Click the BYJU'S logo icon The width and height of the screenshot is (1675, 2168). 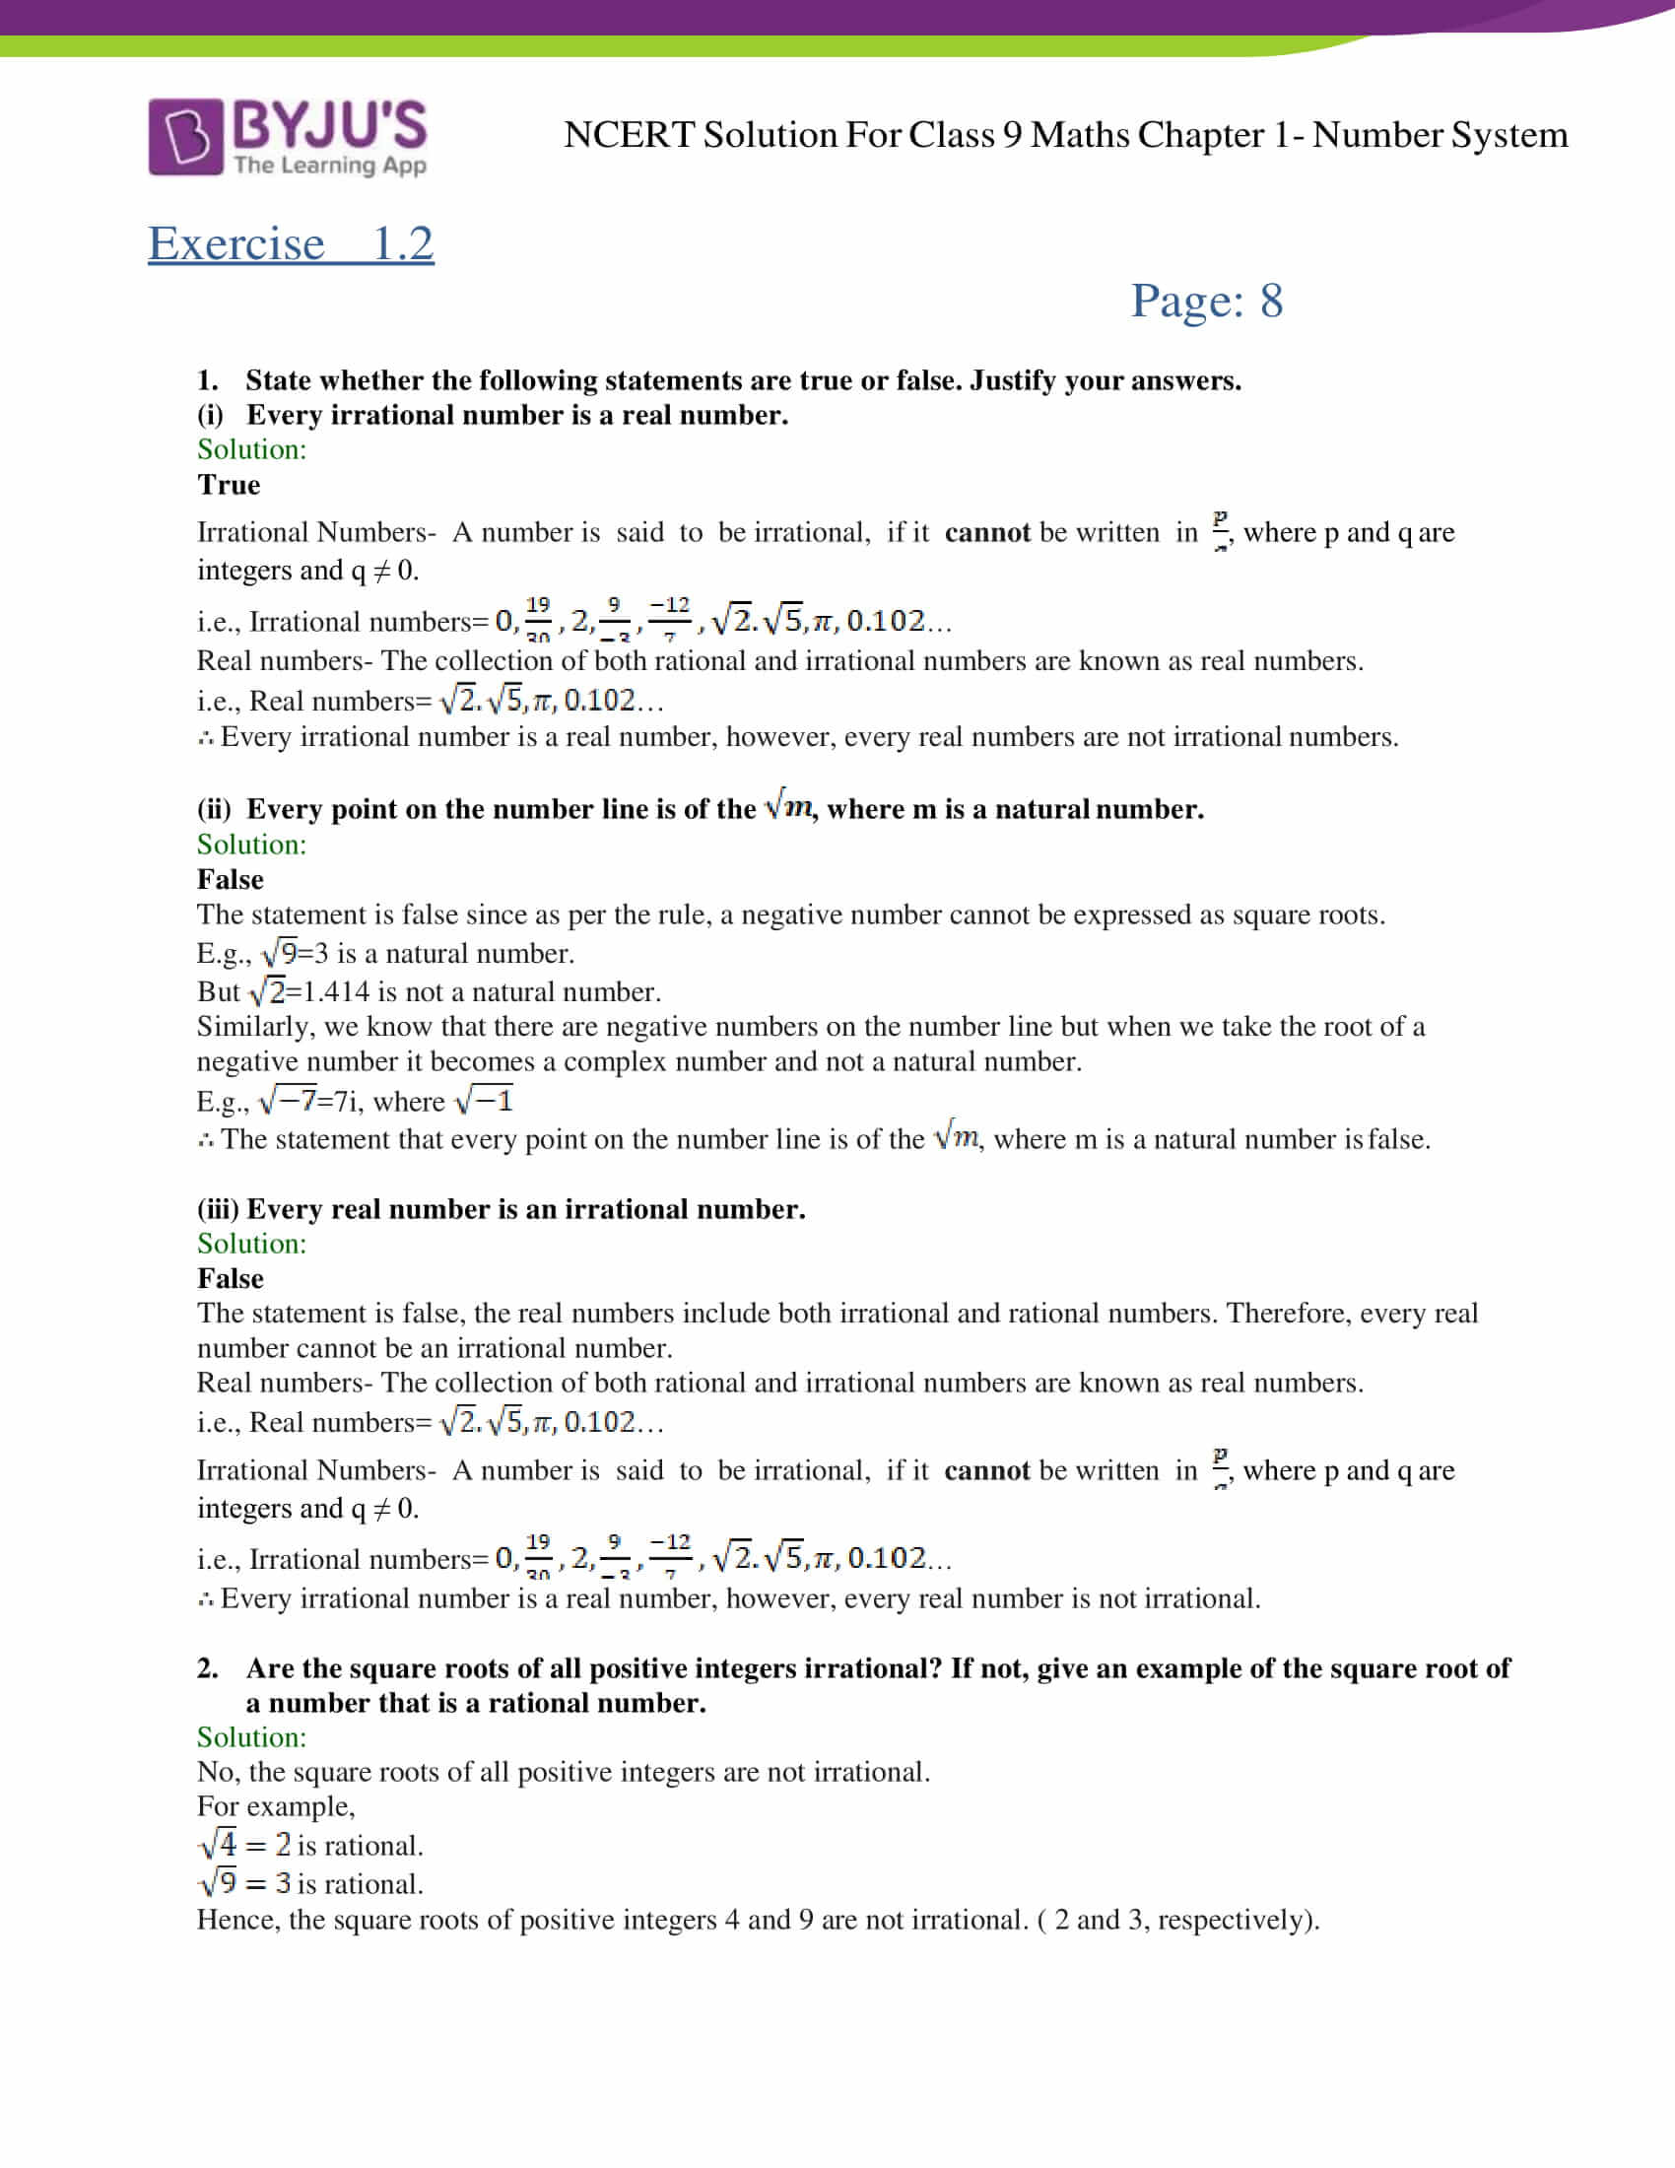pos(185,137)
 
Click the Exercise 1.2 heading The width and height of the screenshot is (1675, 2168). pos(291,243)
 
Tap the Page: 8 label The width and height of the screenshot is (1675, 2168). pos(1207,301)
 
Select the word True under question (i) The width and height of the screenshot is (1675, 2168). pos(229,485)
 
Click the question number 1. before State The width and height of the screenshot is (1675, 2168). pos(207,380)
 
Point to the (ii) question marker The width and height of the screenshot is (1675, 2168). pos(214,809)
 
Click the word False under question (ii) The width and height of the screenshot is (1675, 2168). pos(231,879)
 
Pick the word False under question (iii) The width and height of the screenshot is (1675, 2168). pos(231,1278)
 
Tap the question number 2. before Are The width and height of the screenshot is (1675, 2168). pos(207,1668)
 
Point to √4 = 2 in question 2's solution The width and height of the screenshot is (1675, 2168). pos(245,1846)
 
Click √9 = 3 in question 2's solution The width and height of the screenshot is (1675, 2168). pos(245,1883)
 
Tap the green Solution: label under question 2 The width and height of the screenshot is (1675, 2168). pos(252,1737)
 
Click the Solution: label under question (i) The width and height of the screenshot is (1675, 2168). pos(252,449)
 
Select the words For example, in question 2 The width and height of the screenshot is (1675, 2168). pos(276,1806)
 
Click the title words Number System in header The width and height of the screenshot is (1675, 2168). pos(1440,135)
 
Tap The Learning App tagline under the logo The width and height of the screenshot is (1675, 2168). pos(330,165)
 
